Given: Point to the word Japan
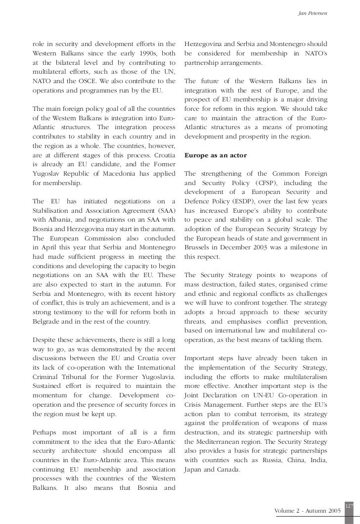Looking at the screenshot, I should [x=192, y=471].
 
